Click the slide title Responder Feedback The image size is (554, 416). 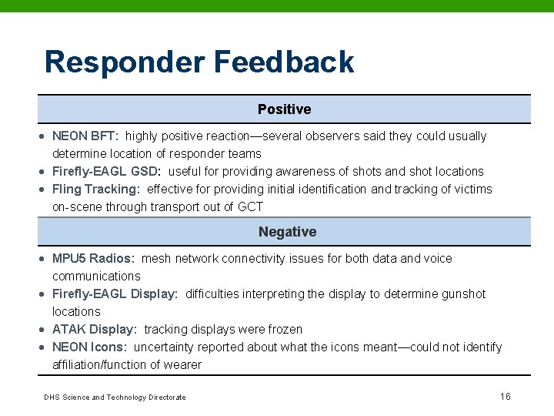click(x=199, y=62)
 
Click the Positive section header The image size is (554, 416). click(x=284, y=109)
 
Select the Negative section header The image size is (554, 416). click(x=287, y=232)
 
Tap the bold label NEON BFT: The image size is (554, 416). click(x=85, y=136)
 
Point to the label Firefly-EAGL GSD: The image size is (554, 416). click(x=106, y=172)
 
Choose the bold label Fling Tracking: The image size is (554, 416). click(x=95, y=190)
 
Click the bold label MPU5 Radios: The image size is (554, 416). click(x=93, y=259)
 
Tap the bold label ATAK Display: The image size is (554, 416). click(x=94, y=330)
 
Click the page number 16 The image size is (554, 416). click(x=505, y=397)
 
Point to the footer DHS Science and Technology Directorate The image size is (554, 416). click(x=115, y=398)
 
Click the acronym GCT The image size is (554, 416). click(x=251, y=207)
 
